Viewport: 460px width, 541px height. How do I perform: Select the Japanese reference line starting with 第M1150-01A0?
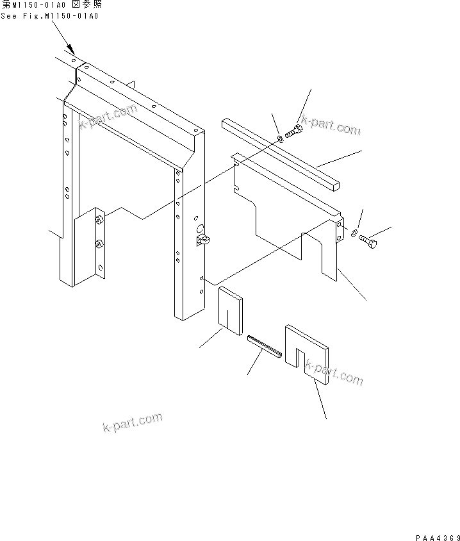[51, 5]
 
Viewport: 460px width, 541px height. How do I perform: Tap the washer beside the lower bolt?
[355, 233]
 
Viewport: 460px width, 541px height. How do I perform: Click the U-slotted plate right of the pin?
[308, 352]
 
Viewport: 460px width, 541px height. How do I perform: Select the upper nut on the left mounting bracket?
[99, 221]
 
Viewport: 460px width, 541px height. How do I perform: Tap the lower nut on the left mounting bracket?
[99, 243]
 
